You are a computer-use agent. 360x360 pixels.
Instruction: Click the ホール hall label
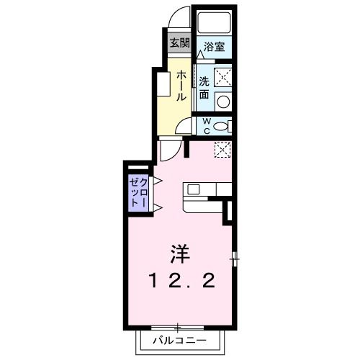click(x=180, y=85)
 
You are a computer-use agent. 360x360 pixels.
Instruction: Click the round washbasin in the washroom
click(x=222, y=101)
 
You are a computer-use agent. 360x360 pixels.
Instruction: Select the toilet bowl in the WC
click(x=222, y=126)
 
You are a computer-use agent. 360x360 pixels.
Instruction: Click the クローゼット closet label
click(x=138, y=193)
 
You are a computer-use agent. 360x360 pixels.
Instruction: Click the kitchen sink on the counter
click(x=193, y=189)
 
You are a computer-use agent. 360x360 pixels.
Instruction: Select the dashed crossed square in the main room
click(x=222, y=150)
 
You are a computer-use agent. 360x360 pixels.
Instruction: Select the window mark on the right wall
click(x=235, y=258)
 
